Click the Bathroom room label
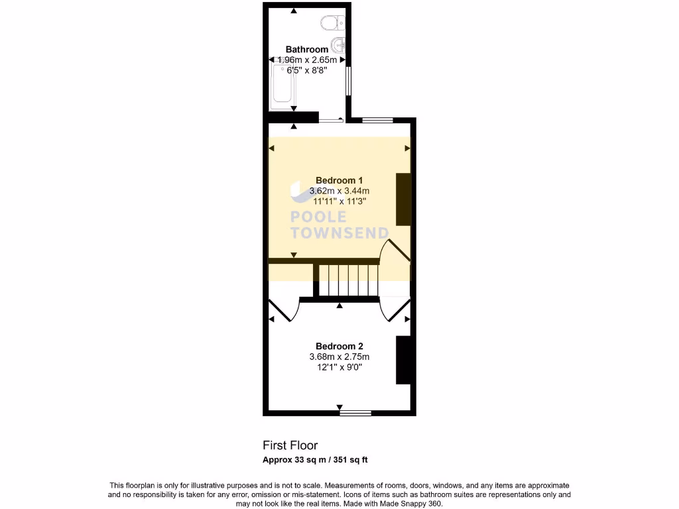pyautogui.click(x=306, y=49)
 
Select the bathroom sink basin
pyautogui.click(x=339, y=46)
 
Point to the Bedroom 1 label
pyautogui.click(x=339, y=180)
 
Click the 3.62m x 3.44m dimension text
pyautogui.click(x=339, y=191)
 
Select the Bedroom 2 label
pyautogui.click(x=339, y=346)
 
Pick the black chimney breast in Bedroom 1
pyautogui.click(x=402, y=199)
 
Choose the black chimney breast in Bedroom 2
pyautogui.click(x=402, y=360)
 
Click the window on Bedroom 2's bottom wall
pyautogui.click(x=355, y=414)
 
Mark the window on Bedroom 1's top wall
pyautogui.click(x=377, y=120)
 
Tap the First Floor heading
pyautogui.click(x=290, y=445)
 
